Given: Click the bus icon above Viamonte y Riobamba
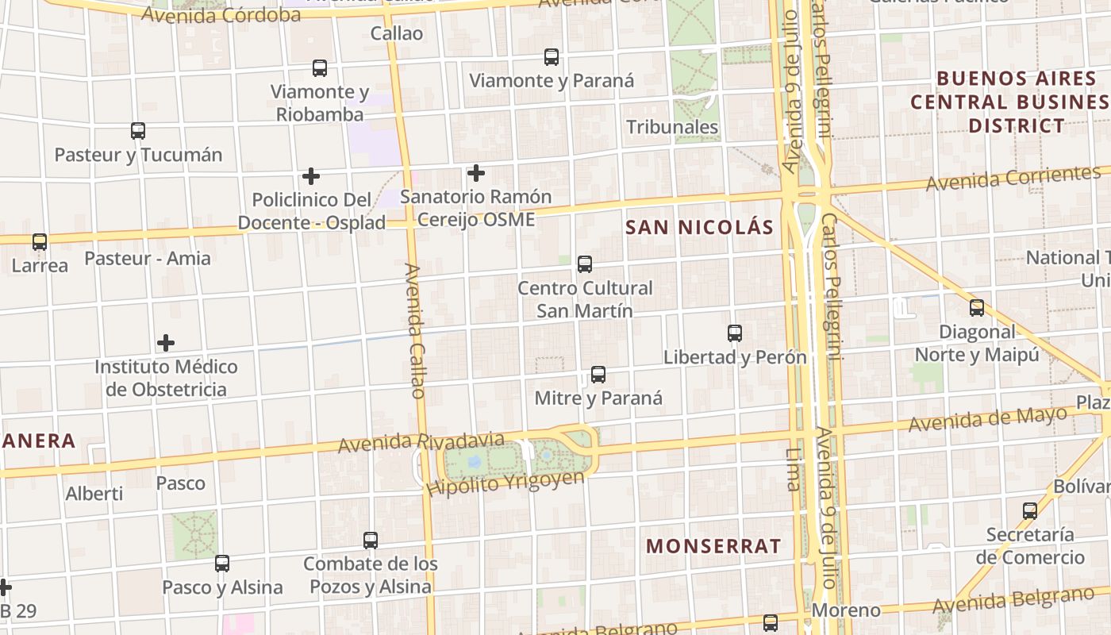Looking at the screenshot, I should click(320, 68).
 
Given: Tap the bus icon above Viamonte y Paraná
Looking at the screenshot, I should click(552, 57).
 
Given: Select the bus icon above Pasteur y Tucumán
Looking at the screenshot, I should click(138, 131).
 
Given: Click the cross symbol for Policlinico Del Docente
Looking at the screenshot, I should click(311, 175).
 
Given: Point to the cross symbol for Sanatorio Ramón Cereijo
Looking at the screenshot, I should click(476, 172).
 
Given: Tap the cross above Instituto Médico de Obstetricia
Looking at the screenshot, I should click(166, 343).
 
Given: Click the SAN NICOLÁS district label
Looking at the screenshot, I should click(699, 228).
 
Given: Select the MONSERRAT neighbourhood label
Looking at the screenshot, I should click(713, 546).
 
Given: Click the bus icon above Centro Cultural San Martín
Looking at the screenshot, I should click(585, 264).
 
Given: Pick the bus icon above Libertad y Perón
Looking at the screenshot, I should click(735, 333).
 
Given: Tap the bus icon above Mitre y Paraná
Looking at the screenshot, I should click(598, 375).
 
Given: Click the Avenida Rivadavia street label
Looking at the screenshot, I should click(421, 442).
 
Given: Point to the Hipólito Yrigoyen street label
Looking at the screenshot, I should click(506, 483).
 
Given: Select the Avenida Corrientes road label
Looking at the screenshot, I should click(1013, 179).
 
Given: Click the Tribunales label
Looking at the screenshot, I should click(672, 127).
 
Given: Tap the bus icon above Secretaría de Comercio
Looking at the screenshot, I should click(1030, 511).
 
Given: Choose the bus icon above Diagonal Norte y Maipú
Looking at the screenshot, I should click(977, 308).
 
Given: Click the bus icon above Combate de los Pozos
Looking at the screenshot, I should click(371, 541).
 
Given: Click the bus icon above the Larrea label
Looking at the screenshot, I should click(40, 242).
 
